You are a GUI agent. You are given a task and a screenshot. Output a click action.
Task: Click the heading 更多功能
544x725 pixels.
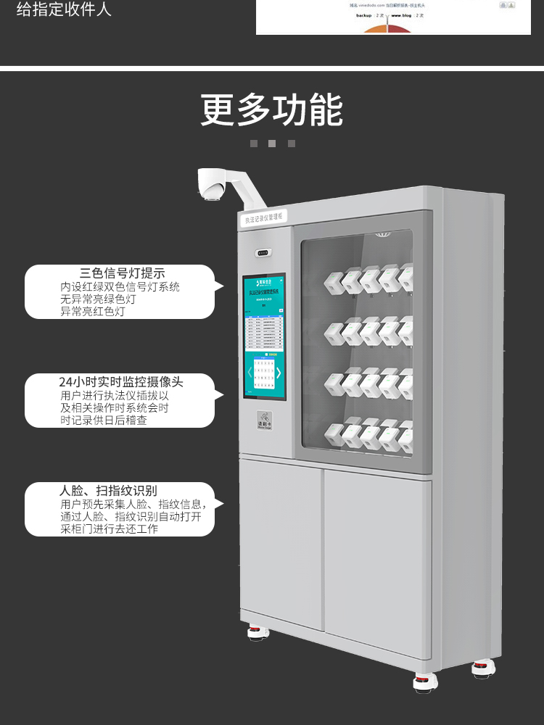[x=272, y=110]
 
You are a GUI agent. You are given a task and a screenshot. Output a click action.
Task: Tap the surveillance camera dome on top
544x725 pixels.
[x=211, y=189]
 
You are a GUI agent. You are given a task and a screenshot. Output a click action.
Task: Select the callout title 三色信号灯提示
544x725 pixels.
[x=123, y=273]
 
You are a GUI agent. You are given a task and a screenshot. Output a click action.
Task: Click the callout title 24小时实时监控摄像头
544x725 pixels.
[x=121, y=382]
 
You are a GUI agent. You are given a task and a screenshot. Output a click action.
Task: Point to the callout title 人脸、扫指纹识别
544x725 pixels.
[x=108, y=491]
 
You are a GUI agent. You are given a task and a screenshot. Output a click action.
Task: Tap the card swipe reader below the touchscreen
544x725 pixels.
[x=264, y=420]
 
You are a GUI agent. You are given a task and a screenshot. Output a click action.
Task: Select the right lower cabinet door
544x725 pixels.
[x=377, y=558]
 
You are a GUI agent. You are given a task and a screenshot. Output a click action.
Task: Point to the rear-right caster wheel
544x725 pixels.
[x=483, y=668]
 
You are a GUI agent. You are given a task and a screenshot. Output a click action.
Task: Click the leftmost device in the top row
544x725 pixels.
[x=335, y=281]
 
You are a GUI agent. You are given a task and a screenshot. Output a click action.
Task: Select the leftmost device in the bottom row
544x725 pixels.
[x=335, y=434]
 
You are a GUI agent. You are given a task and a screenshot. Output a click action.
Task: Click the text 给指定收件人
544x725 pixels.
[x=64, y=10]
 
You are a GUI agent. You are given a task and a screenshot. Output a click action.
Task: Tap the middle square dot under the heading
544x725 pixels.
[x=272, y=144]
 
